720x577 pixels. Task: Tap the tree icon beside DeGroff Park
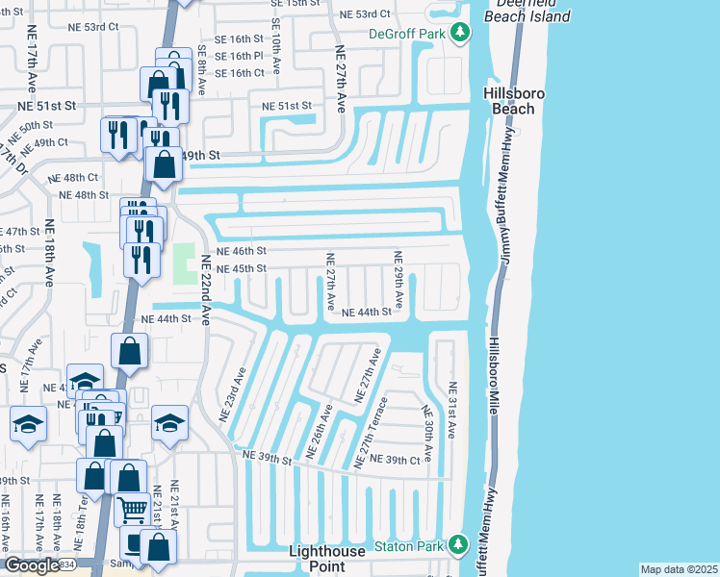pos(461,34)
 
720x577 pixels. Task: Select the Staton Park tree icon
pos(460,546)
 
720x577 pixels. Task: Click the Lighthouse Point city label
pos(327,559)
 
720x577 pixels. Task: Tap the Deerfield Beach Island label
pos(526,10)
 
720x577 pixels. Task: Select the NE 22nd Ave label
pos(205,289)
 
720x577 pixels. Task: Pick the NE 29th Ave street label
pos(397,279)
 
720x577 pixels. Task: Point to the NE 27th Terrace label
pos(373,433)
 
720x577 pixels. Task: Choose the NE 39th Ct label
pos(396,461)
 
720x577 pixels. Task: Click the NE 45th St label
pos(241,268)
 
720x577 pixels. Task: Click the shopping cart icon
pos(132,509)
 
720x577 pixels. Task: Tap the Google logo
pos(31,565)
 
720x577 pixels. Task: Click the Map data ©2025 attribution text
pos(678,569)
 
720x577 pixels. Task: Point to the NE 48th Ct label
pos(78,177)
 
